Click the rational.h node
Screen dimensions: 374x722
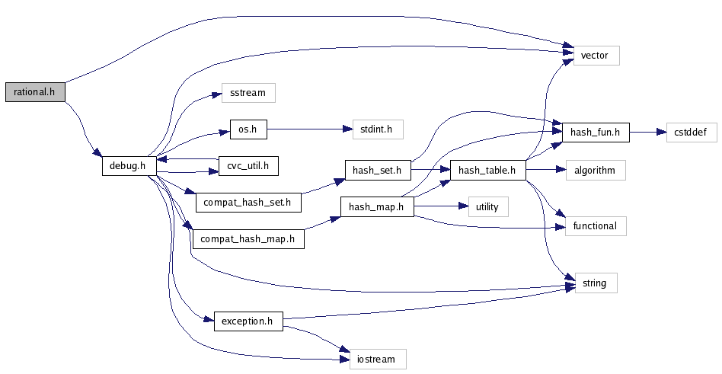tap(35, 92)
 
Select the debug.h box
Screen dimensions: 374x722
tap(129, 165)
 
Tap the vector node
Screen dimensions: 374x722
tap(596, 56)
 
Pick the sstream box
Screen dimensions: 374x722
tap(248, 93)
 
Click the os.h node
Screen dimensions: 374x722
tap(248, 129)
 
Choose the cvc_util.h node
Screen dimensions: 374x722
tap(248, 165)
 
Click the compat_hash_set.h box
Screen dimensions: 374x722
tap(249, 203)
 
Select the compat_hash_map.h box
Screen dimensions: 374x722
tap(248, 239)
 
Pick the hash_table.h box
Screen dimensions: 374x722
tap(487, 169)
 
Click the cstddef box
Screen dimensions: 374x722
tap(691, 132)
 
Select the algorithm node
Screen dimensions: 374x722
tap(595, 169)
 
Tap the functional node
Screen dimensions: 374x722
tap(596, 225)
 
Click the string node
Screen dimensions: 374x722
tap(594, 283)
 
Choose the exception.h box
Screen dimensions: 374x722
tap(247, 321)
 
